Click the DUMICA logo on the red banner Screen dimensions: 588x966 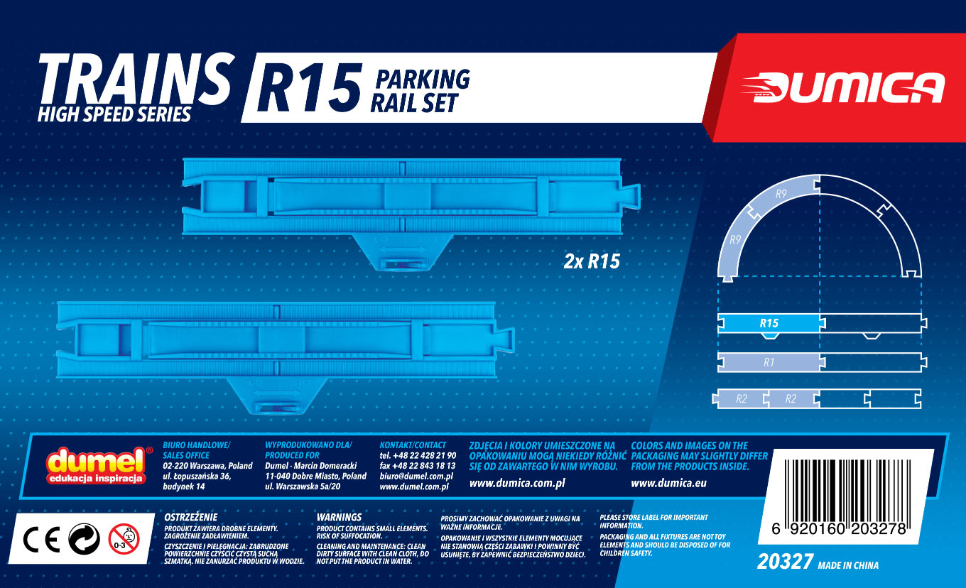point(842,87)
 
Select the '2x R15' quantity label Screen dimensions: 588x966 point(591,261)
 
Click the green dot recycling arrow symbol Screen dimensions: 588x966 point(83,540)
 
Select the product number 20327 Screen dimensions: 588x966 point(784,563)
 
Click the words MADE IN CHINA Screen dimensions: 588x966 point(848,566)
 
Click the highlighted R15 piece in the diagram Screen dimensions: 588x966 point(769,323)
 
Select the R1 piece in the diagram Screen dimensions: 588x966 point(769,362)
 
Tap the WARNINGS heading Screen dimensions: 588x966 point(339,517)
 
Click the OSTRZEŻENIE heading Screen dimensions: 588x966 point(190,517)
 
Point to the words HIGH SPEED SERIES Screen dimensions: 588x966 point(114,114)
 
